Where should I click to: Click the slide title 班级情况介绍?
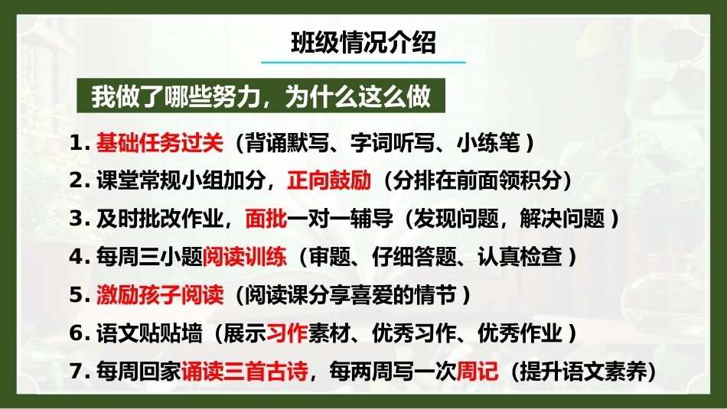(363, 43)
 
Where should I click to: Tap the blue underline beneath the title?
(363, 62)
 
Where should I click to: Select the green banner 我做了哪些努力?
(260, 96)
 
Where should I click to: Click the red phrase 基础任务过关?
(160, 142)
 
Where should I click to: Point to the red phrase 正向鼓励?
(329, 180)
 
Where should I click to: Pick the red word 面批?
(266, 219)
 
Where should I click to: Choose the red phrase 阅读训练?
(244, 257)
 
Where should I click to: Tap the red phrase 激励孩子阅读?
(160, 294)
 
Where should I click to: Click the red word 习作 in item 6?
(287, 333)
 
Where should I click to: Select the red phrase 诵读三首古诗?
(244, 371)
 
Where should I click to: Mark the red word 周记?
(478, 371)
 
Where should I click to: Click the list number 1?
(80, 143)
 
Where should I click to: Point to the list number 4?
(80, 257)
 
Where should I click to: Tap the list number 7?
(80, 372)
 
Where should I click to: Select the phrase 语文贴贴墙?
(149, 333)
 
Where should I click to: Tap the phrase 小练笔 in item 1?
(488, 142)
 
